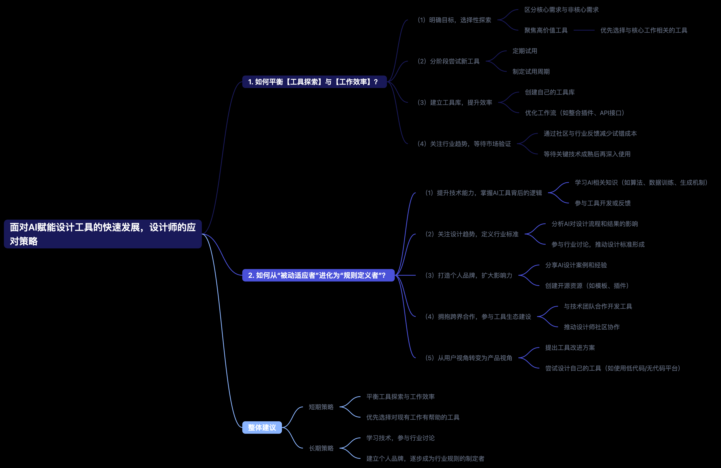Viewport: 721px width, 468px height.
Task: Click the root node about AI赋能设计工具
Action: coord(103,234)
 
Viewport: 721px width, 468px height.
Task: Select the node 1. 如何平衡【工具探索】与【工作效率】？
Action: coord(314,82)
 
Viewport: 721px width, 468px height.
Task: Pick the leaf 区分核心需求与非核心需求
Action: coord(561,10)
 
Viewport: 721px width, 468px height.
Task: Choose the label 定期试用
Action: coord(525,51)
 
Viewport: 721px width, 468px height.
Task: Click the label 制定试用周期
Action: coord(531,72)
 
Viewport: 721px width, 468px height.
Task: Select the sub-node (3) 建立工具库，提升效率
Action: coord(455,103)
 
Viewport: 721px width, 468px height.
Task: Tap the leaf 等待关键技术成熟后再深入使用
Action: coord(587,154)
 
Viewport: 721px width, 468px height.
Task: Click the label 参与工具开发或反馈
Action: coord(603,203)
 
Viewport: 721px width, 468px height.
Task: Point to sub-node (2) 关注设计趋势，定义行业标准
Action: coord(472,234)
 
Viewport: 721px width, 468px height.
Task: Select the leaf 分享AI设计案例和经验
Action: coord(576,265)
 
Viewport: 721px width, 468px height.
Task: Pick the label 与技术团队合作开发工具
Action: coord(598,306)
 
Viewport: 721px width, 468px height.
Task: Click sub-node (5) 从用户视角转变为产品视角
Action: coord(469,358)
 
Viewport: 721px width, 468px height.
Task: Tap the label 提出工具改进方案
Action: coord(570,347)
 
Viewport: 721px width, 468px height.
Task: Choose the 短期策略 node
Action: coord(321,407)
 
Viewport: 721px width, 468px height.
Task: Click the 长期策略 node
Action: coord(321,448)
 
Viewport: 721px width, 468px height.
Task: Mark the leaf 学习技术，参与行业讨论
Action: coord(400,438)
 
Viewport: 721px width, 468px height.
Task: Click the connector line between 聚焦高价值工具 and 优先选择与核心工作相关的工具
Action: coord(584,30)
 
